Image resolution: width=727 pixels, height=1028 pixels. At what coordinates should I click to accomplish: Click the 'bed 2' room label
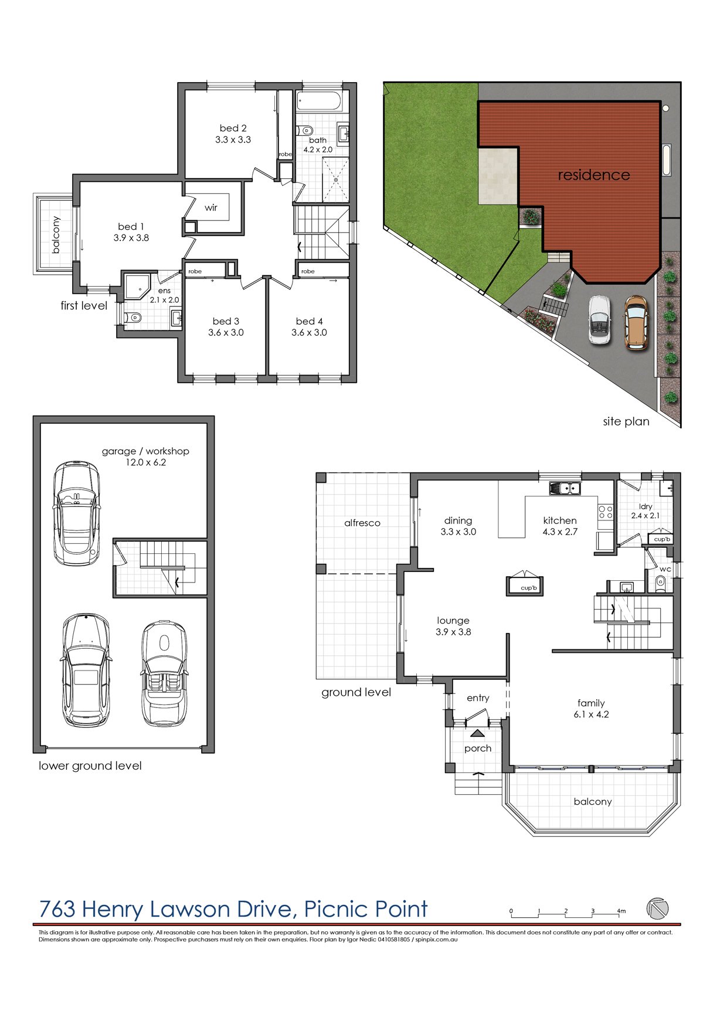point(233,128)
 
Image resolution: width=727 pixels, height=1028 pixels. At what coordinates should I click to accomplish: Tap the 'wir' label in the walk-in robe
point(211,207)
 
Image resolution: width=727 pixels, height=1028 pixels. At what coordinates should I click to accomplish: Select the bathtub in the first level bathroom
point(319,101)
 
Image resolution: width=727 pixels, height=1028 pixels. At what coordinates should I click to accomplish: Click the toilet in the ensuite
point(134,318)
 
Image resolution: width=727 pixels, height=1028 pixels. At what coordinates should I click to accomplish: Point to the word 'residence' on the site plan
point(593,175)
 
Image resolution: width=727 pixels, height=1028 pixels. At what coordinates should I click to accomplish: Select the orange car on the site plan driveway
point(636,322)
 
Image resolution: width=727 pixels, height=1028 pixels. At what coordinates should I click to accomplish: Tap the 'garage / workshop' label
point(145,451)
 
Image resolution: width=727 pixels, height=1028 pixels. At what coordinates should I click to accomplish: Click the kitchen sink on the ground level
point(565,488)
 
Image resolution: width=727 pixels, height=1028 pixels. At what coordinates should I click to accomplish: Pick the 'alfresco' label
point(362,523)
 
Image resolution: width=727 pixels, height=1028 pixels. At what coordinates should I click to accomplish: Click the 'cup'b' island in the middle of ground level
point(525,586)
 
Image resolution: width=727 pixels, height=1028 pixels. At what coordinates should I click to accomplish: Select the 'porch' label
point(477,748)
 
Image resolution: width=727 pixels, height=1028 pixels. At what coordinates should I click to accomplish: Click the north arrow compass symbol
point(657,908)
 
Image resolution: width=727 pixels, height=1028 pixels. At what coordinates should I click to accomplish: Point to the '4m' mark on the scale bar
point(621,911)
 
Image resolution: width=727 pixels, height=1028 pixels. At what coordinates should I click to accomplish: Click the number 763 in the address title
point(57,909)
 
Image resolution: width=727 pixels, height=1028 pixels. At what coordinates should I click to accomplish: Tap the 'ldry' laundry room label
point(646,506)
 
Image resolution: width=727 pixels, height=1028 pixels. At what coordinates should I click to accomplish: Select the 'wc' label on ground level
point(665,569)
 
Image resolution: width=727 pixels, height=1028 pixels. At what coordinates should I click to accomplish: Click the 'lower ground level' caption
point(90,766)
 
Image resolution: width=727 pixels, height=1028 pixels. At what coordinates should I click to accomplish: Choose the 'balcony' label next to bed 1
point(56,235)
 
